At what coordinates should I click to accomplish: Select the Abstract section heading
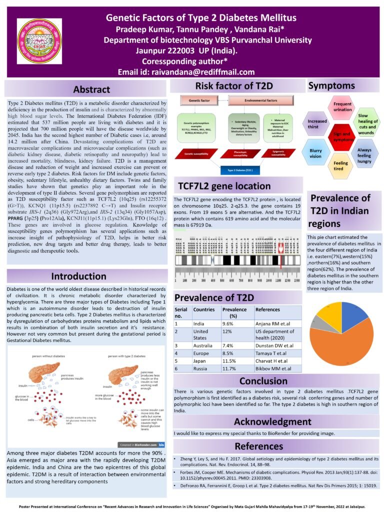(x=91, y=90)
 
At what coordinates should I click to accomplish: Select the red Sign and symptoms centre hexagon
(x=341, y=136)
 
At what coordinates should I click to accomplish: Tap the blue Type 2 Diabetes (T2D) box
(x=240, y=170)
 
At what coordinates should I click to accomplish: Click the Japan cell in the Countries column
(x=201, y=360)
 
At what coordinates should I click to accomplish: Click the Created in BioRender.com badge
(x=144, y=444)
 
